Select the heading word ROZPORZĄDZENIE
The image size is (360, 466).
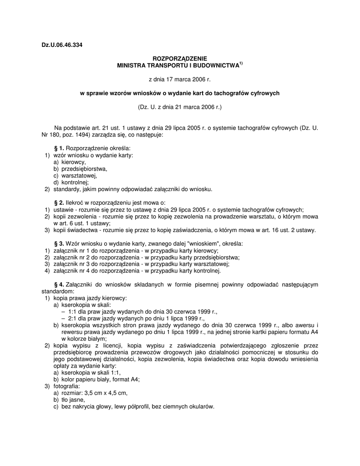(180, 59)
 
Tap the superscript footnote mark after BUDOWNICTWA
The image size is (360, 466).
(241, 64)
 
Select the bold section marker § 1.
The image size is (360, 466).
(59, 148)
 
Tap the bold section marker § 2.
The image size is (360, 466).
(59, 203)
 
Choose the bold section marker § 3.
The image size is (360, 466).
(59, 243)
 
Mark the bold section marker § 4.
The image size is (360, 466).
(59, 284)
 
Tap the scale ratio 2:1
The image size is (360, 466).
(74, 318)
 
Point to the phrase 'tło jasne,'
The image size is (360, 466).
(73, 400)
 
